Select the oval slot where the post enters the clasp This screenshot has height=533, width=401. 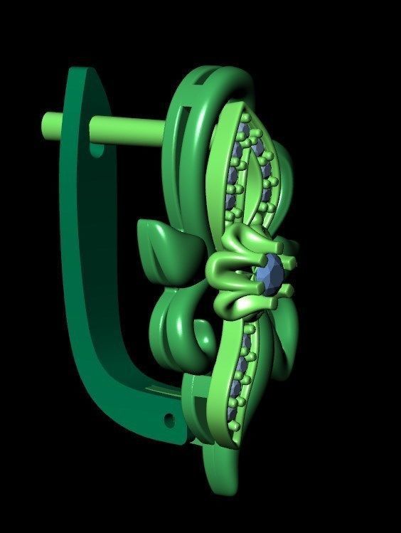pyautogui.click(x=97, y=151)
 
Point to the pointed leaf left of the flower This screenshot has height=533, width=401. pyautogui.click(x=165, y=246)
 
